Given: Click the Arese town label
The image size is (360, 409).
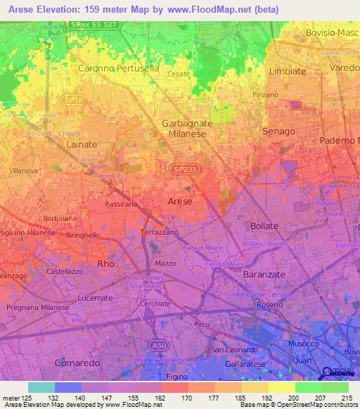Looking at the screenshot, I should [x=180, y=201].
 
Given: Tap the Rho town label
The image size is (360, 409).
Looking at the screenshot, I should [x=105, y=264].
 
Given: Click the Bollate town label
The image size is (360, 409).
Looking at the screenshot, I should [x=264, y=226].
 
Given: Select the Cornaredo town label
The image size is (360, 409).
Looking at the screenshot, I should [x=78, y=363].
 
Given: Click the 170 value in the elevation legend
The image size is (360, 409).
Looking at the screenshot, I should [x=174, y=398].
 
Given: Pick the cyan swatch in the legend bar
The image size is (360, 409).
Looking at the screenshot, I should [x=41, y=387].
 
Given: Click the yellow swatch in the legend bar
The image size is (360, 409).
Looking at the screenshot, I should [x=281, y=387].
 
